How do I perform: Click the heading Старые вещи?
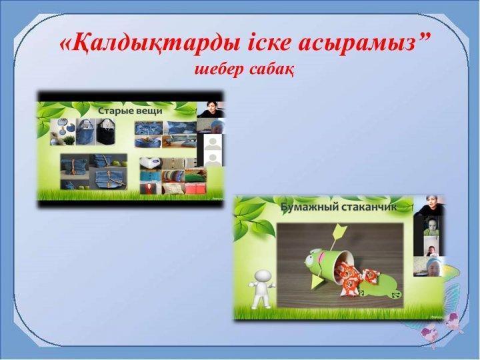pos(130,111)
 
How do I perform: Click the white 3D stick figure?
pos(262,288)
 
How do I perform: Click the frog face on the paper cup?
pos(313,257)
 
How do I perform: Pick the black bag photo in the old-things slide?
pos(105,131)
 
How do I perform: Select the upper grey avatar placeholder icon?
pos(213,143)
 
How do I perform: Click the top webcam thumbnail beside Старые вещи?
pos(211,109)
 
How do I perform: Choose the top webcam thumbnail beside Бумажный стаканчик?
pos(429,206)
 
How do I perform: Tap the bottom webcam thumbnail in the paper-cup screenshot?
pos(429,267)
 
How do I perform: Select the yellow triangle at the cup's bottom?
pos(319,280)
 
